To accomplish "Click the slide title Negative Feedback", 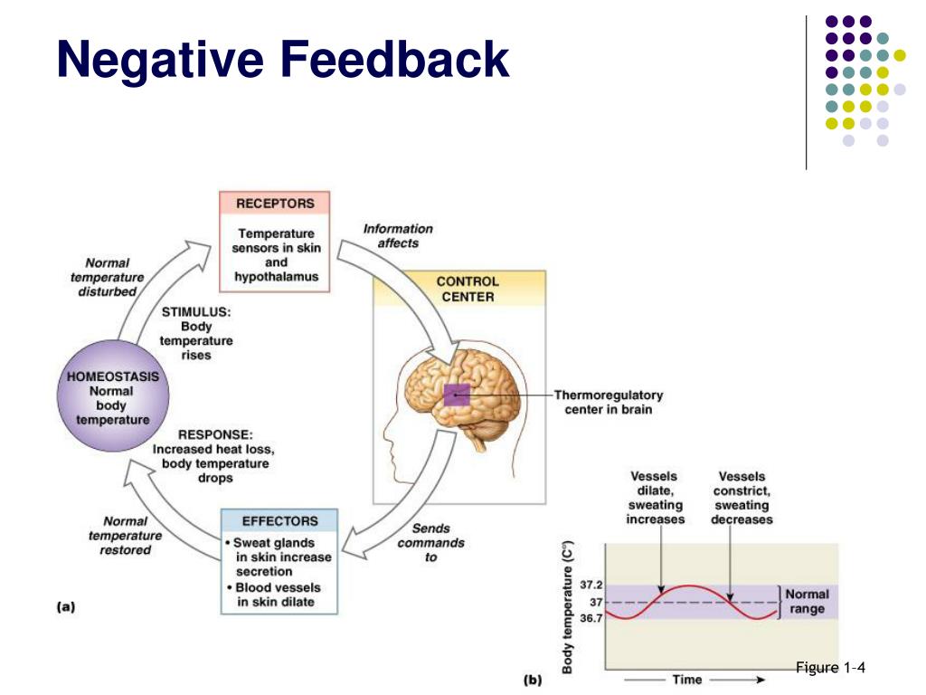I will pos(282,61).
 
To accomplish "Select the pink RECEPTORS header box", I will pos(275,203).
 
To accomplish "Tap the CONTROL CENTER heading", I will pos(467,289).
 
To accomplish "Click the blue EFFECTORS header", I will pos(280,521).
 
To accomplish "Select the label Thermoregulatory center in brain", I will pos(608,402).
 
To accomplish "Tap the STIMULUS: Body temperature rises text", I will pos(196,333).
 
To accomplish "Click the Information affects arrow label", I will pos(398,235).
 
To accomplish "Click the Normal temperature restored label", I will pos(126,535).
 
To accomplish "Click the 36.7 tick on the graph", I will pos(591,618).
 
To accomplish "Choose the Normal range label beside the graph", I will pos(807,602).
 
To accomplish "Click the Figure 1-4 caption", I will pos(831,668).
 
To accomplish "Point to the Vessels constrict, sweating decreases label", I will pos(742,498).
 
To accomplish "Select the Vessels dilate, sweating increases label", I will pos(655,498).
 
